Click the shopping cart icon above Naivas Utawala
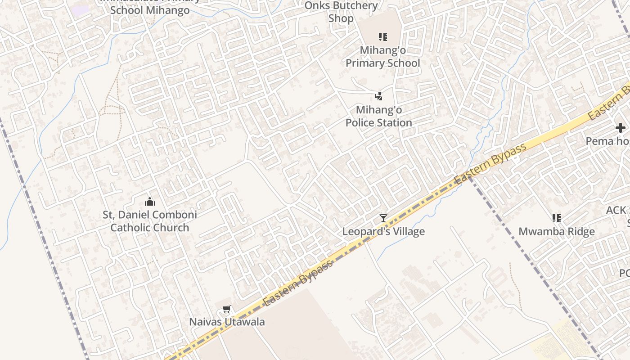tap(227, 309)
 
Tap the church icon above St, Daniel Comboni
tap(150, 202)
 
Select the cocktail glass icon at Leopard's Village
tap(383, 218)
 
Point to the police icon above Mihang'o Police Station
tap(379, 96)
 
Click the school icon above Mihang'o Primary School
tap(382, 36)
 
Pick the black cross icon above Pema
tap(621, 128)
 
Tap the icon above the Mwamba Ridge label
tap(557, 218)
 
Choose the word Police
tap(361, 123)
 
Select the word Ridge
tap(580, 232)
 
